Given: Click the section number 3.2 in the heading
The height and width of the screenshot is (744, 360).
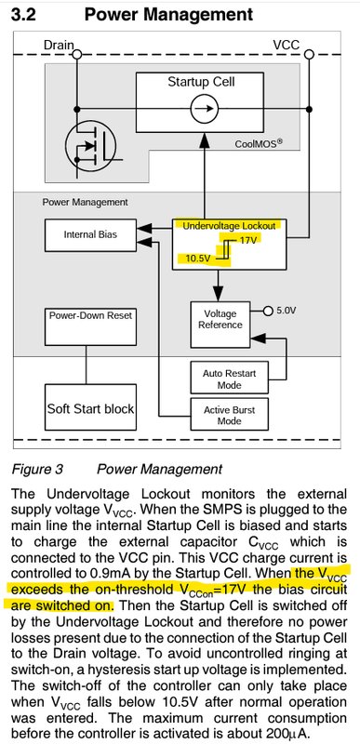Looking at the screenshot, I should point(24,15).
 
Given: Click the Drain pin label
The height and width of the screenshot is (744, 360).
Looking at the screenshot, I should point(59,45).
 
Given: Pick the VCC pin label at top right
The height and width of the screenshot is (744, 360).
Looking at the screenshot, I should point(287,45).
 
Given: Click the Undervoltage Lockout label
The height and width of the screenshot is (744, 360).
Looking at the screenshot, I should point(230,226).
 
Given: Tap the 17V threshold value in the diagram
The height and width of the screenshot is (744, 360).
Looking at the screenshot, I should point(247,240).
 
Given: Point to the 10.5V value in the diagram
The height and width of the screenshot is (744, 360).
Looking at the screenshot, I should point(198,258).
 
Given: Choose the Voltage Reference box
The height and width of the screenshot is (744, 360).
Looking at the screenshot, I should point(220,319).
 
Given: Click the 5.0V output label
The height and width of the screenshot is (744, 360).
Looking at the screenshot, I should point(288,308).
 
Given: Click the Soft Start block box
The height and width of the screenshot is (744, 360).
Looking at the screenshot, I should point(90,408).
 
